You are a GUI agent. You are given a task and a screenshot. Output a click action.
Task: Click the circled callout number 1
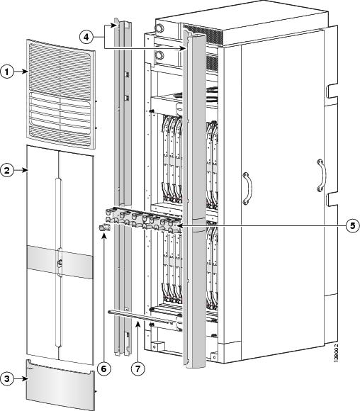[7, 72]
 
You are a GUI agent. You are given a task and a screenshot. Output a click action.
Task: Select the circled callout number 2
[7, 170]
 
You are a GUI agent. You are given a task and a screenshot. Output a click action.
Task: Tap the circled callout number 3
[7, 379]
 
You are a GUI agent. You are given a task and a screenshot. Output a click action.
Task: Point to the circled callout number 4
[86, 37]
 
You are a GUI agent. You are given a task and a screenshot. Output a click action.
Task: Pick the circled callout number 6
[104, 369]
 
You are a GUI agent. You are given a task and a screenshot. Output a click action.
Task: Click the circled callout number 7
[138, 369]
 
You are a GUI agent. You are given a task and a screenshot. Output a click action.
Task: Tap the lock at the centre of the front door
[60, 262]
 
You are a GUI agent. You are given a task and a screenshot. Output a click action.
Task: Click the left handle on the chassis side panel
[247, 188]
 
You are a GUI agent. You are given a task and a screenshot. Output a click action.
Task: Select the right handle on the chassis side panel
[321, 175]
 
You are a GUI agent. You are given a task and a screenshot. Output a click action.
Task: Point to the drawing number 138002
[337, 353]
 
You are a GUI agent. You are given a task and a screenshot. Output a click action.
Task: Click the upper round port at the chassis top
[159, 28]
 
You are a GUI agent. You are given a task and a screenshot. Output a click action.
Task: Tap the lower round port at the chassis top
[159, 55]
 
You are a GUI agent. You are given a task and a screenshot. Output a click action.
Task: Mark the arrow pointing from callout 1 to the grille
[21, 72]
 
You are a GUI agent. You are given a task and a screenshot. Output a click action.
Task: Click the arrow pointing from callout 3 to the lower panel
[21, 379]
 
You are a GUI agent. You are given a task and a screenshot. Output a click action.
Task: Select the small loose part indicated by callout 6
[104, 227]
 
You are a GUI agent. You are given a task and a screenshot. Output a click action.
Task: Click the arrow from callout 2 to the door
[21, 170]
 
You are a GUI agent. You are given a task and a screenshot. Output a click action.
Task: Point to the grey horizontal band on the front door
[60, 262]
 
